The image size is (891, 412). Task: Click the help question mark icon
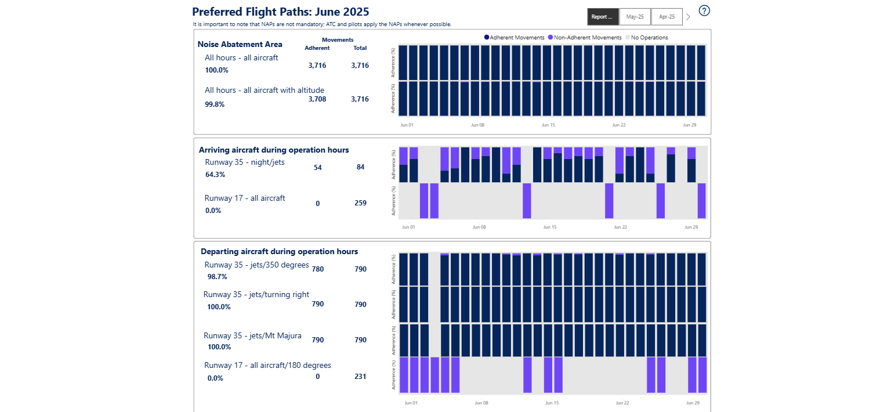704,10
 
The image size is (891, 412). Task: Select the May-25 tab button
635,17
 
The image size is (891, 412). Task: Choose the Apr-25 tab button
667,17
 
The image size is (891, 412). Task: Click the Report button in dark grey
603,17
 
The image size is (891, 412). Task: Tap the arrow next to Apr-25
689,17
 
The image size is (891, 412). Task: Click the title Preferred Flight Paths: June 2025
280,12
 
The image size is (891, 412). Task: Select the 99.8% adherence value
215,104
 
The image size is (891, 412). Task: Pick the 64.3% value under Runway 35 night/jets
215,174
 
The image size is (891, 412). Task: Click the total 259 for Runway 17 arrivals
360,203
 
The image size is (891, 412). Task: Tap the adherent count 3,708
317,99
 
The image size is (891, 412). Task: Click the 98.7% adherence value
218,277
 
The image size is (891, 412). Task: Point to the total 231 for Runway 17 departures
360,377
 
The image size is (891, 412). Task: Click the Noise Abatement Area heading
240,44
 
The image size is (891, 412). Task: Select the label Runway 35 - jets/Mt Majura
252,335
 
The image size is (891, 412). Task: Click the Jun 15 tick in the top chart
548,125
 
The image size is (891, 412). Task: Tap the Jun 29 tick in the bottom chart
693,403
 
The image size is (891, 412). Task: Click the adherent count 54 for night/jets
317,167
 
